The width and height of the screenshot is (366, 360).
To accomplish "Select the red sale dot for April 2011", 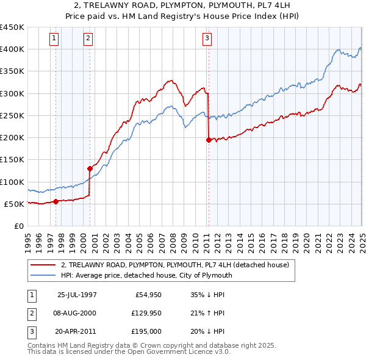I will tap(209, 140).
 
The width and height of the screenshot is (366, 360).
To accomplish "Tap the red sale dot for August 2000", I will tap(90, 168).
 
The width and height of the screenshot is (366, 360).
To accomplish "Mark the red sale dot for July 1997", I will tap(56, 201).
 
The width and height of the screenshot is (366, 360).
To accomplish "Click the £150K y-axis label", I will tap(12, 159).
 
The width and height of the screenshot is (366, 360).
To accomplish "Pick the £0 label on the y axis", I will tap(18, 226).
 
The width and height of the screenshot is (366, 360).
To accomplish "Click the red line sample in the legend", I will tap(44, 265).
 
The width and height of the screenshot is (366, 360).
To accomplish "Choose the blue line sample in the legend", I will tap(44, 275).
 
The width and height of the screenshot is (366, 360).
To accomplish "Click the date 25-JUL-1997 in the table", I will tap(77, 295).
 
